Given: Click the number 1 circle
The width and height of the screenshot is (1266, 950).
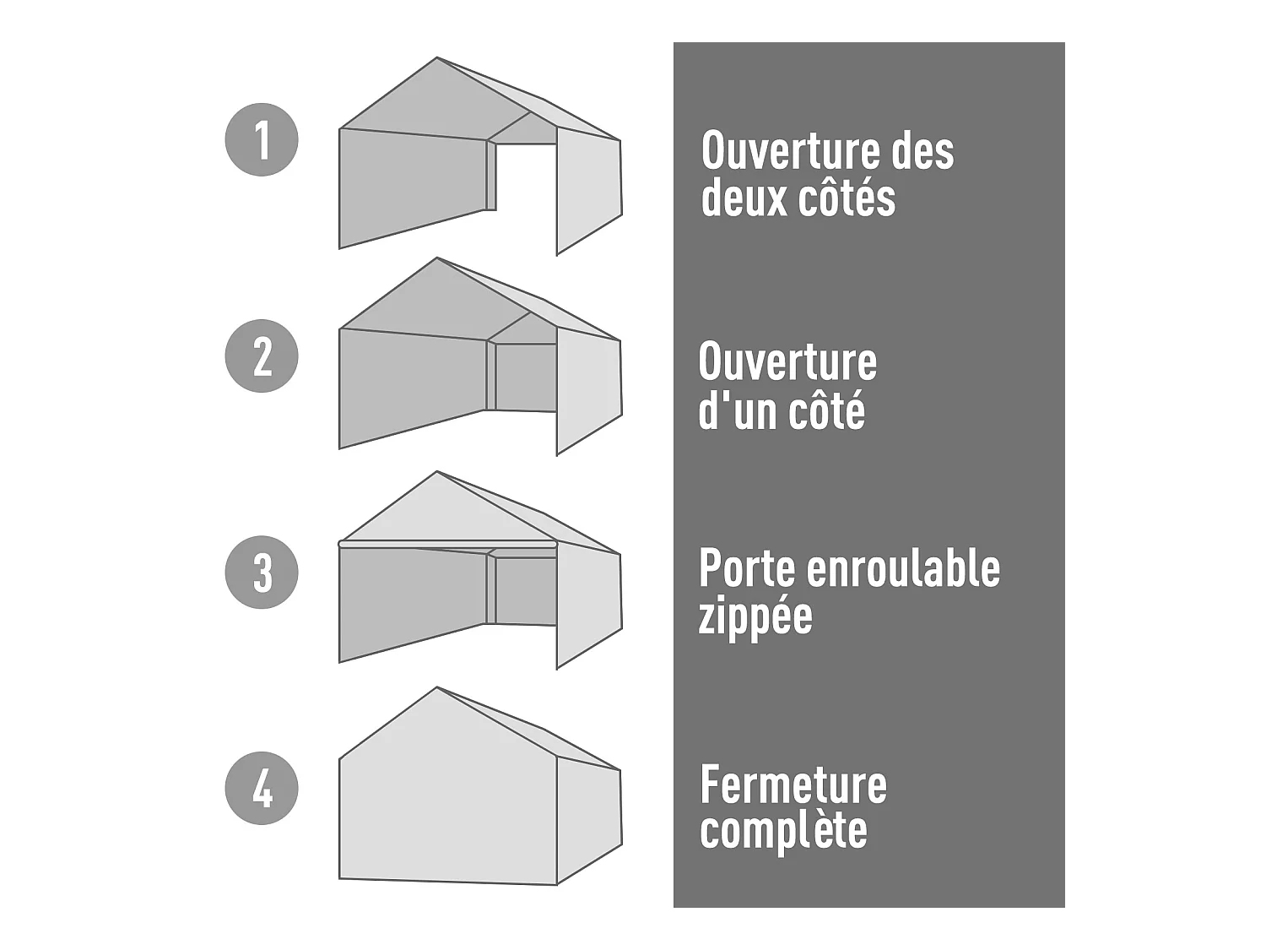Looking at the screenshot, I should pyautogui.click(x=262, y=139).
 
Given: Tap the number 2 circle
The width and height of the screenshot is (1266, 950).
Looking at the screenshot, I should pyautogui.click(x=262, y=356).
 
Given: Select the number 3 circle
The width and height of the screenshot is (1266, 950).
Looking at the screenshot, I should pyautogui.click(x=262, y=573).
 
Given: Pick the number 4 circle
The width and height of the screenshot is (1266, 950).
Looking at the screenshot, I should pyautogui.click(x=262, y=788).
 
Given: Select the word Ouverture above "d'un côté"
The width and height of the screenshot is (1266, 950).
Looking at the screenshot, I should pyautogui.click(x=787, y=363).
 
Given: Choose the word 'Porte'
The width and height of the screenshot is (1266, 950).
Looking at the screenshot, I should pyautogui.click(x=747, y=569).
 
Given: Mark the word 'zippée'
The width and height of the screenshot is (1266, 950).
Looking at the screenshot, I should pyautogui.click(x=755, y=618).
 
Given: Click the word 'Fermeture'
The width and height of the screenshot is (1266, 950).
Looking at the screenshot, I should pyautogui.click(x=793, y=785).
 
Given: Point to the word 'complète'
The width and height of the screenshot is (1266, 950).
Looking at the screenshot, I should pyautogui.click(x=783, y=833).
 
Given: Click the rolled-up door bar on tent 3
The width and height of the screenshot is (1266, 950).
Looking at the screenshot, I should pyautogui.click(x=447, y=545).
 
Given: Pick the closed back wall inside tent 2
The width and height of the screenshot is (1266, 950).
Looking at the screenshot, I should pyautogui.click(x=526, y=377).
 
